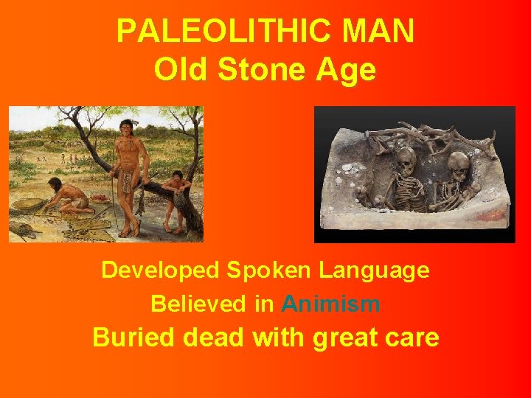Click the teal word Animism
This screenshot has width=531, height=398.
coord(330,304)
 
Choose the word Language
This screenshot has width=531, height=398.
coord(374,270)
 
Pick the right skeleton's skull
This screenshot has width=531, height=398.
coord(458,164)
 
